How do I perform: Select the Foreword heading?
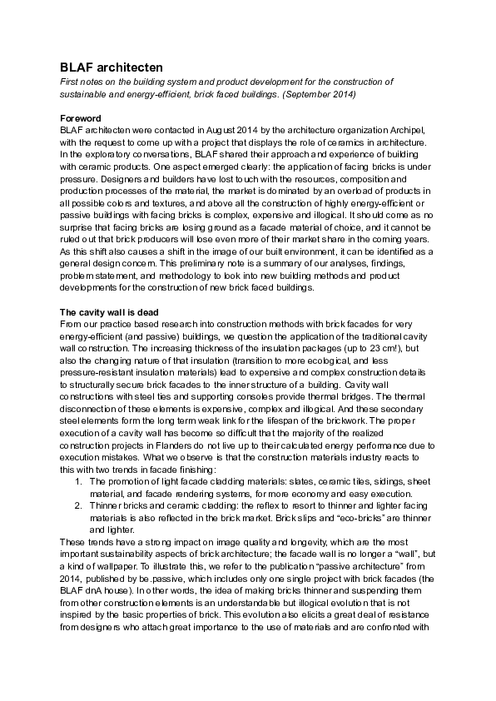[81, 118]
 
